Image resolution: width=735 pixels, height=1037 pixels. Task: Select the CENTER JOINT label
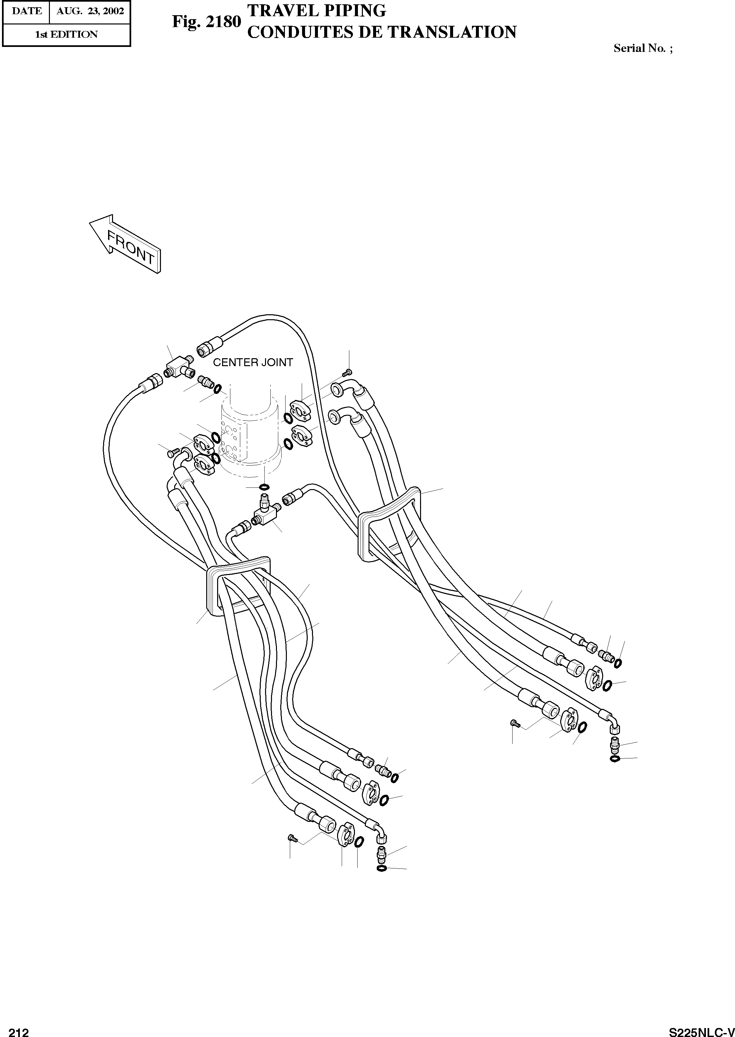click(253, 363)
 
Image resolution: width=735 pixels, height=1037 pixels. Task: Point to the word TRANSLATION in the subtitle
click(452, 32)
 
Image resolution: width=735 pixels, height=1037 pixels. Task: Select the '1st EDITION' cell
click(66, 34)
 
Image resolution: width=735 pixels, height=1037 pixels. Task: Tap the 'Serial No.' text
click(639, 48)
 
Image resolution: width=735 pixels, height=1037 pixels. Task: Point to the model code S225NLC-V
click(702, 1031)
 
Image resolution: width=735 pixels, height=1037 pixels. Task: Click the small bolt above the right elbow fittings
click(347, 372)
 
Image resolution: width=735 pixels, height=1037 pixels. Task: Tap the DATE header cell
click(26, 11)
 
